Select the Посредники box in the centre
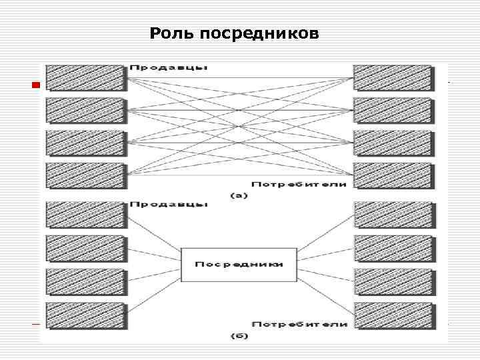(x=238, y=264)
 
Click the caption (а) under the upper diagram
(x=239, y=196)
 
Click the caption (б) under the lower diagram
(x=239, y=336)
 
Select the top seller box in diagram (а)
(x=85, y=77)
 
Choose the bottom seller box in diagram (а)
(x=85, y=176)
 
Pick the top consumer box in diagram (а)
(x=392, y=77)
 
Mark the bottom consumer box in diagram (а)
(x=392, y=176)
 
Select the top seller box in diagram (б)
(x=85, y=215)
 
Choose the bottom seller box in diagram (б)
(x=85, y=315)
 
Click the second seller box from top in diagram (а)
(x=85, y=110)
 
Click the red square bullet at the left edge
(x=36, y=85)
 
